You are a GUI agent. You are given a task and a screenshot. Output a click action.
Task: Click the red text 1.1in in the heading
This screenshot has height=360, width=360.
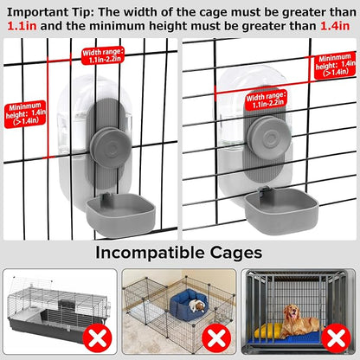[x=22, y=26]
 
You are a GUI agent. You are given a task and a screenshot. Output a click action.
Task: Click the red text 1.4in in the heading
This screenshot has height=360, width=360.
[x=335, y=26]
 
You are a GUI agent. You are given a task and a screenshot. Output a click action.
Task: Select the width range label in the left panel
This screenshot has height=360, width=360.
[x=103, y=55]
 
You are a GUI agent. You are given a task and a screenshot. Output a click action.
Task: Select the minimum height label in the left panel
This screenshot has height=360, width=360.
[x=25, y=114]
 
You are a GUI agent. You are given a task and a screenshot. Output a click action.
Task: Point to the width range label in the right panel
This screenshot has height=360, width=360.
[x=267, y=100]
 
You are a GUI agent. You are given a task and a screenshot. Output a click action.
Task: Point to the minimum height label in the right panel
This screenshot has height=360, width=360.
[x=335, y=65]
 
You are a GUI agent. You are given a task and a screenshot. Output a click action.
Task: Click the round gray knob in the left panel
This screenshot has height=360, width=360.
[x=111, y=149]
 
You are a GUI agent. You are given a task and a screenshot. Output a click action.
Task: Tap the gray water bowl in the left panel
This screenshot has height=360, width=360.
[x=120, y=215]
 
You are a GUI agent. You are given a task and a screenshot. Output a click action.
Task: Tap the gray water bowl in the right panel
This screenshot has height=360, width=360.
[x=281, y=210]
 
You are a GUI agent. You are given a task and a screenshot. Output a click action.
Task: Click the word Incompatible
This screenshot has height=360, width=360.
[x=150, y=253]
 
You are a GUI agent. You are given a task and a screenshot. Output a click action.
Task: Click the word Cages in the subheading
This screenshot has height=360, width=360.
[x=236, y=253]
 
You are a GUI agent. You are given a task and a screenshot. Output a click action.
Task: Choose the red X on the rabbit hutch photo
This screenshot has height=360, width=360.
[x=97, y=337]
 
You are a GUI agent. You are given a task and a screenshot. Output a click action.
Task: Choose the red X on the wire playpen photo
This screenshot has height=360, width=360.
[x=216, y=337]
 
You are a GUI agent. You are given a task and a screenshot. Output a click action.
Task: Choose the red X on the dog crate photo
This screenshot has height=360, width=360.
[x=336, y=337]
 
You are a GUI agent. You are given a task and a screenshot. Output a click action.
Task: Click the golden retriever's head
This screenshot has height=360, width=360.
[x=292, y=312]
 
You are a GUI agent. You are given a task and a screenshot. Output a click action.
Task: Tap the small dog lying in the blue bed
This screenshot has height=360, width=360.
[x=197, y=305]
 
